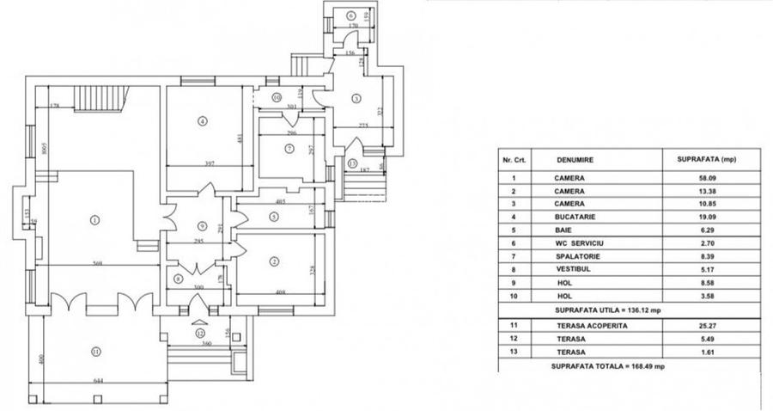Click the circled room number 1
coord(94,219)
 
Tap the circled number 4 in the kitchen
coord(202,121)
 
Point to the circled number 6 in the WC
coord(350,16)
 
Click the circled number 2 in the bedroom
coord(274,261)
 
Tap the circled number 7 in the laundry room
coord(289,149)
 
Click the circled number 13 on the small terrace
coord(352,163)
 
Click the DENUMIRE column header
coord(575,159)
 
